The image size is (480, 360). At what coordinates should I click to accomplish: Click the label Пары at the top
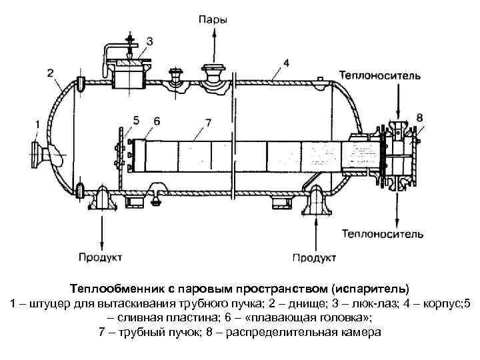[x=213, y=19]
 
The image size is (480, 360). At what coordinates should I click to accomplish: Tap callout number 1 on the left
[x=38, y=123]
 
